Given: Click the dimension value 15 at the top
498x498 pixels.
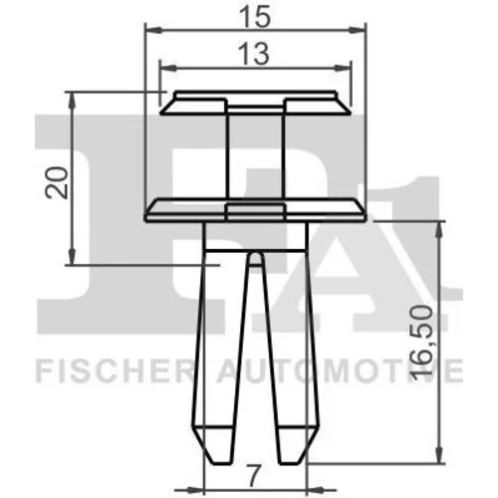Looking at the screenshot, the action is coord(255,17).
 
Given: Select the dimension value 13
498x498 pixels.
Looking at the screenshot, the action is coord(254,55).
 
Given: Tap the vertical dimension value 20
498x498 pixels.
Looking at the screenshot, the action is coord(57,183).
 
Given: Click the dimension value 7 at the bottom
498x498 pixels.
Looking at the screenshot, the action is coord(253,477).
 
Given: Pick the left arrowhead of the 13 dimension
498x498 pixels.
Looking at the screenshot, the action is coord(168,68).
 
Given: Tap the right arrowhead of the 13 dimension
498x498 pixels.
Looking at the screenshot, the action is coord(342,68).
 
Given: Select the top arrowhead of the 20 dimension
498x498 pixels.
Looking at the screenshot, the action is coord(72,101).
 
